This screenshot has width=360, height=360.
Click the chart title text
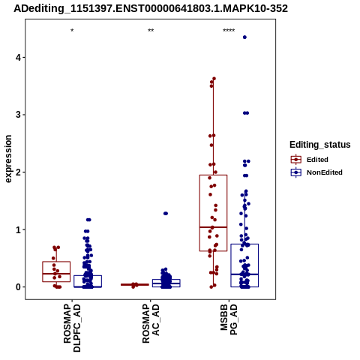point(151,9)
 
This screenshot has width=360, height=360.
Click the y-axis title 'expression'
point(8,159)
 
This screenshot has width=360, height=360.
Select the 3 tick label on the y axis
point(18,115)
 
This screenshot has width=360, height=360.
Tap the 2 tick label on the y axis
point(18,172)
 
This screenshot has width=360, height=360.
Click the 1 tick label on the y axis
point(18,229)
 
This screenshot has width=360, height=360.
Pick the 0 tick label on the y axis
point(18,287)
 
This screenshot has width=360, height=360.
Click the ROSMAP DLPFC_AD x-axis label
point(72,328)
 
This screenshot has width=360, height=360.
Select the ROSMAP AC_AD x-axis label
point(151,323)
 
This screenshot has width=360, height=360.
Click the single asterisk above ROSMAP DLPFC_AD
point(72,31)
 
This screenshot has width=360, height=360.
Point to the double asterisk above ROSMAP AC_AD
point(151,31)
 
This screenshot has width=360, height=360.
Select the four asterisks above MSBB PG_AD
point(229,31)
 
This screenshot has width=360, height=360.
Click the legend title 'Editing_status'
point(320,145)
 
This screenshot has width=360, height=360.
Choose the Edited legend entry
point(310,160)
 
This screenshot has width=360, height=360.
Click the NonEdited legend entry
point(316,172)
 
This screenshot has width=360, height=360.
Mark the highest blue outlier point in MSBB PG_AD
point(244,37)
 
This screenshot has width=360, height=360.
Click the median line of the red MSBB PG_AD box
point(213,227)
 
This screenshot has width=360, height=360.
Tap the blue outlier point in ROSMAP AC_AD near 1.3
point(166,214)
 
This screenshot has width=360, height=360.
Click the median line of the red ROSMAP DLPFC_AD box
point(56,274)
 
